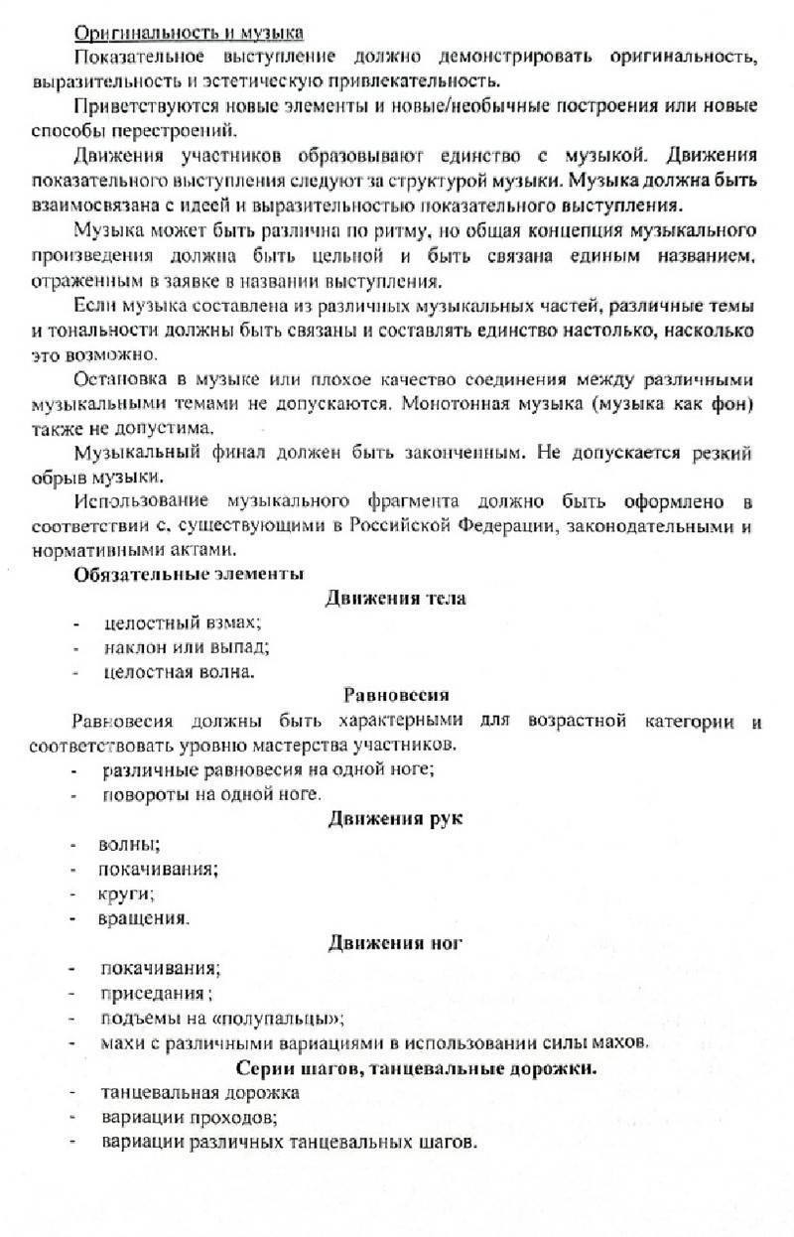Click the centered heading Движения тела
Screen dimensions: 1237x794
[x=396, y=599]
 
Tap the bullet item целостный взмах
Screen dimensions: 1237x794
[x=181, y=623]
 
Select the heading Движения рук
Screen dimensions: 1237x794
[x=396, y=818]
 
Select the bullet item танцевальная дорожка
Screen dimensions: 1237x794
[x=198, y=1093]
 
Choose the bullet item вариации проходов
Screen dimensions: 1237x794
[x=188, y=1118]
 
